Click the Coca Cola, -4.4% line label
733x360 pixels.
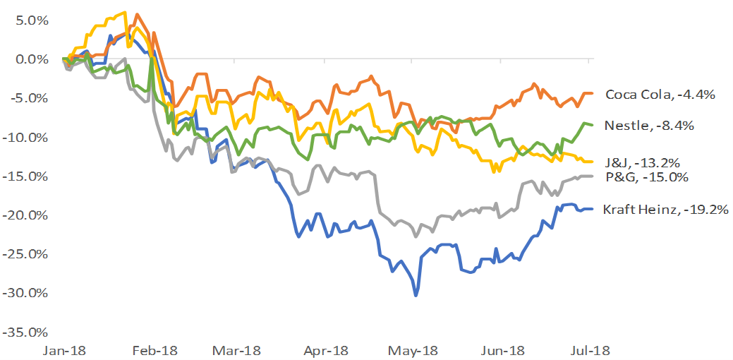[x=660, y=95]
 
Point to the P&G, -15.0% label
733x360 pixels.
[x=647, y=177]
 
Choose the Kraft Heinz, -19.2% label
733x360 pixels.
[x=665, y=210]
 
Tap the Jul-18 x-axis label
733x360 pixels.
[x=590, y=350]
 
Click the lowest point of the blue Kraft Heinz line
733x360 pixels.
[x=416, y=295]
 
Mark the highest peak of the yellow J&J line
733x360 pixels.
[x=125, y=12]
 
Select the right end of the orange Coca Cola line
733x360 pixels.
[x=591, y=93]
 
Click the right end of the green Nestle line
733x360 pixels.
[x=591, y=125]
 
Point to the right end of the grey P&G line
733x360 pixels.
[x=591, y=176]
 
